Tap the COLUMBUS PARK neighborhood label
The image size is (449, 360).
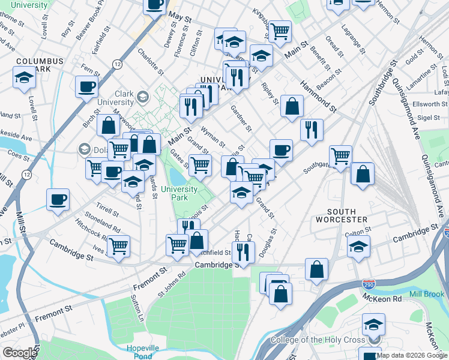[40, 66]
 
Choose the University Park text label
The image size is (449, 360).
[179, 193]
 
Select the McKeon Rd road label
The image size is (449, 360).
[381, 298]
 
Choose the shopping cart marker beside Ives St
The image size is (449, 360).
[118, 245]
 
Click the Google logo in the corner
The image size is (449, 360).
[19, 353]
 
